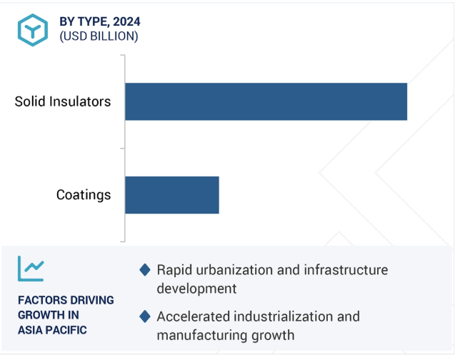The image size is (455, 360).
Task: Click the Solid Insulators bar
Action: (x=266, y=101)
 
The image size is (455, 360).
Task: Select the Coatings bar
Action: (x=172, y=195)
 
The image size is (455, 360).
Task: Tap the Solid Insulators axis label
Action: (x=63, y=101)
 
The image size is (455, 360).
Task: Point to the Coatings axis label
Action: (x=84, y=195)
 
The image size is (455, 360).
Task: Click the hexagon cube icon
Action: (x=33, y=30)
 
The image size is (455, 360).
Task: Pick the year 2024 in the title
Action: (x=126, y=21)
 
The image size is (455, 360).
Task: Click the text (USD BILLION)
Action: (x=99, y=36)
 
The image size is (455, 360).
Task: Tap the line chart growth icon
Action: (x=31, y=269)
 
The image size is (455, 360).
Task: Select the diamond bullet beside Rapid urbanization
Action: (x=145, y=270)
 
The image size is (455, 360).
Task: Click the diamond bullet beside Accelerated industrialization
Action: (x=145, y=316)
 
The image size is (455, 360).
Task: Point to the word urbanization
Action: (x=234, y=270)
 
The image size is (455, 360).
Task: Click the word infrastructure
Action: (x=346, y=270)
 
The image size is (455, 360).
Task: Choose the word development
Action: (x=196, y=289)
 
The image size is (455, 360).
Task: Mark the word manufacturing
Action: (x=202, y=335)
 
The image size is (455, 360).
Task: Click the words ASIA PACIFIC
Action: (x=52, y=330)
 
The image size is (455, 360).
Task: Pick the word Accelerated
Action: (x=194, y=316)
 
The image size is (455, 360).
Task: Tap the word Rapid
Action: (x=174, y=270)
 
